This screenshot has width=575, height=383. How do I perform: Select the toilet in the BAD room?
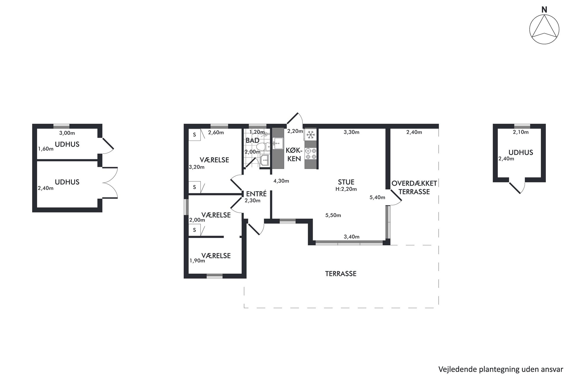tap(262, 147)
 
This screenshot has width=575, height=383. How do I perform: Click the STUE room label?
tap(346, 182)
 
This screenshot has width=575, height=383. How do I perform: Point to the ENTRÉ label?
tap(256, 194)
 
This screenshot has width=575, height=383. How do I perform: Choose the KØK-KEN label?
tap(294, 155)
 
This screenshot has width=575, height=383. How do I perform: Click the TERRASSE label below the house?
tap(341, 274)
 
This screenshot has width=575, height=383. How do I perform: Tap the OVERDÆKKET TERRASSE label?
tap(414, 187)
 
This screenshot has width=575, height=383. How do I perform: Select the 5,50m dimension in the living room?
tap(333, 215)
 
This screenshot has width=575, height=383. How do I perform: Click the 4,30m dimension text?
tap(281, 181)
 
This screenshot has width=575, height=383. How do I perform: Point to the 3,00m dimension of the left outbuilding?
tap(67, 133)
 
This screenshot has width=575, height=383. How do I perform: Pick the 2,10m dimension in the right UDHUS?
tap(521, 132)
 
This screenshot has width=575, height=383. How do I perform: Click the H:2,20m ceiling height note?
tap(346, 189)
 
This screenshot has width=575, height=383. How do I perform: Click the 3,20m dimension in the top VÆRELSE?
tap(196, 167)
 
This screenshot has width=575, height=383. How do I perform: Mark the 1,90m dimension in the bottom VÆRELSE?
tap(197, 261)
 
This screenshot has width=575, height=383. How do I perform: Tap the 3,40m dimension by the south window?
tap(352, 237)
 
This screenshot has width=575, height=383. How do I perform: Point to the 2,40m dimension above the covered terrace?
tap(414, 132)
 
